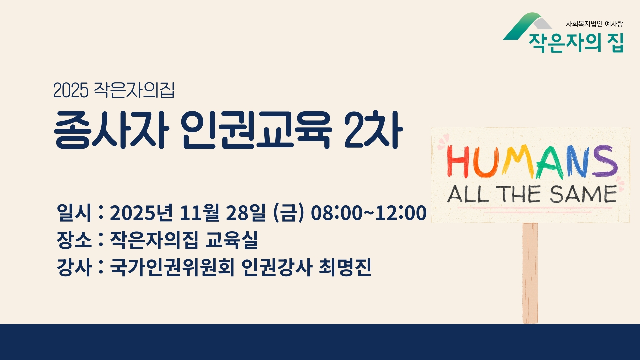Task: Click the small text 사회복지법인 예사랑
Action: (x=594, y=24)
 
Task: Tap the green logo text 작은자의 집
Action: (x=576, y=43)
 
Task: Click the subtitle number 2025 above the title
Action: (x=71, y=90)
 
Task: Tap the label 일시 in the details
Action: (x=74, y=212)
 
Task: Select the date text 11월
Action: (x=199, y=213)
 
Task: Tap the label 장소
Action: (x=74, y=240)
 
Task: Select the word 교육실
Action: (x=232, y=240)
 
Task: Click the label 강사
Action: (x=74, y=267)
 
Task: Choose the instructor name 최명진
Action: (x=345, y=267)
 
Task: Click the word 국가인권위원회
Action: (x=172, y=267)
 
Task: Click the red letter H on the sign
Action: (x=456, y=162)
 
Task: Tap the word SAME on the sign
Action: (x=584, y=194)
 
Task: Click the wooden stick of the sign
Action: (x=530, y=273)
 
